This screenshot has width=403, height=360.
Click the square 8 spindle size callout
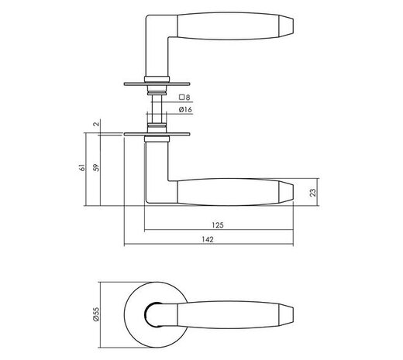tap(184, 98)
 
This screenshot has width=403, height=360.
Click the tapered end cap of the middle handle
tap(284, 192)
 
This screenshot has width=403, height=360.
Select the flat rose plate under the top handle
tap(159, 83)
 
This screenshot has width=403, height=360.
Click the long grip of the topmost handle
tap(225, 26)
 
